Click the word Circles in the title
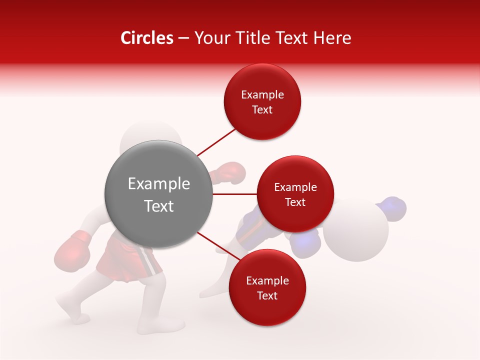[147, 38]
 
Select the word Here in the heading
[332, 38]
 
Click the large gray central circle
[158, 194]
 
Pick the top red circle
[262, 102]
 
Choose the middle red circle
[295, 194]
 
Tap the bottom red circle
[267, 287]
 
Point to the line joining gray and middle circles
[234, 194]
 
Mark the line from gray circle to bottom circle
[215, 245]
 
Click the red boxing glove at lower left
[72, 250]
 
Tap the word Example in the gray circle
[158, 184]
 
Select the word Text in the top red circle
[262, 110]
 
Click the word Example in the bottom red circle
[267, 281]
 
